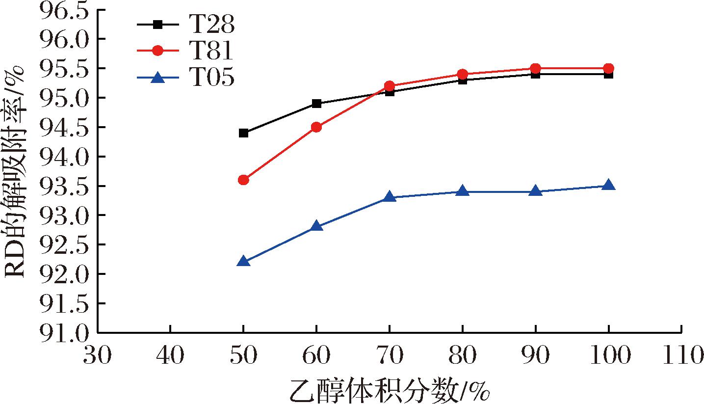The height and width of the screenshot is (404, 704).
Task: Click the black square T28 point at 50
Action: pyautogui.click(x=243, y=133)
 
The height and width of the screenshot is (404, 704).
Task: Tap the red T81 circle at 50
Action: pyautogui.click(x=243, y=180)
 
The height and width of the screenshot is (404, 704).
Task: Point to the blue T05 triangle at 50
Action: pyautogui.click(x=243, y=262)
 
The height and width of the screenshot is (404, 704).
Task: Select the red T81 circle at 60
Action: pyautogui.click(x=316, y=127)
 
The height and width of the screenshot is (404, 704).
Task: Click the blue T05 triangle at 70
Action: pyautogui.click(x=390, y=197)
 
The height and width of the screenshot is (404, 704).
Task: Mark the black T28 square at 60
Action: pyautogui.click(x=316, y=104)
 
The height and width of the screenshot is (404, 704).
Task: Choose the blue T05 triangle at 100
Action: pyautogui.click(x=608, y=185)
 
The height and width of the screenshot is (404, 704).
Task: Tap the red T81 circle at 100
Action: pyautogui.click(x=608, y=68)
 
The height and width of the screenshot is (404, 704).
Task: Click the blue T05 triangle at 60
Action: pyautogui.click(x=316, y=226)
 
